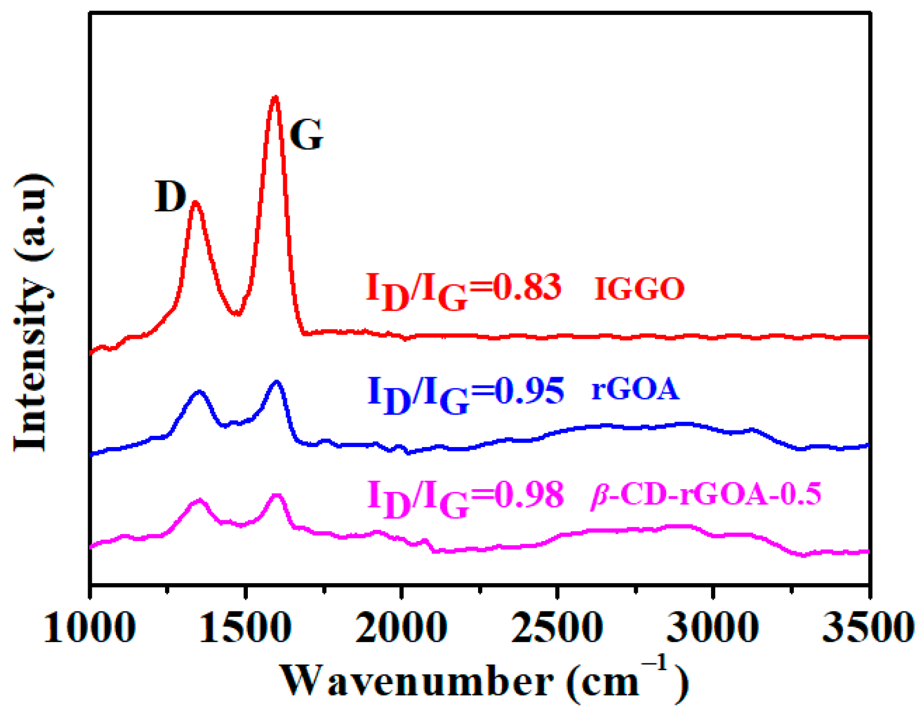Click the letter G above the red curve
pos(306,135)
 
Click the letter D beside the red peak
pos(170,197)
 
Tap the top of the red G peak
pos(275,98)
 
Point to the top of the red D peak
pos(195,202)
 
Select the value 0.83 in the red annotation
pos(526,287)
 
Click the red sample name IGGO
pos(639,289)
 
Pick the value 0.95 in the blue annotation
pos(529,390)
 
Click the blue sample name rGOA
pos(635,389)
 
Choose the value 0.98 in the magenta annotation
pos(529,494)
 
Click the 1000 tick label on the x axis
pos(89,627)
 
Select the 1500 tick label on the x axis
pos(245,627)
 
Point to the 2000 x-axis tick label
pos(401,627)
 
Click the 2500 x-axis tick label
pos(557,627)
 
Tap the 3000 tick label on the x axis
pos(712,627)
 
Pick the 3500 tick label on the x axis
pos(868,627)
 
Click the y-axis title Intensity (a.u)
pos(33,312)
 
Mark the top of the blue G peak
pos(276,382)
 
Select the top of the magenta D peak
pos(199,500)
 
